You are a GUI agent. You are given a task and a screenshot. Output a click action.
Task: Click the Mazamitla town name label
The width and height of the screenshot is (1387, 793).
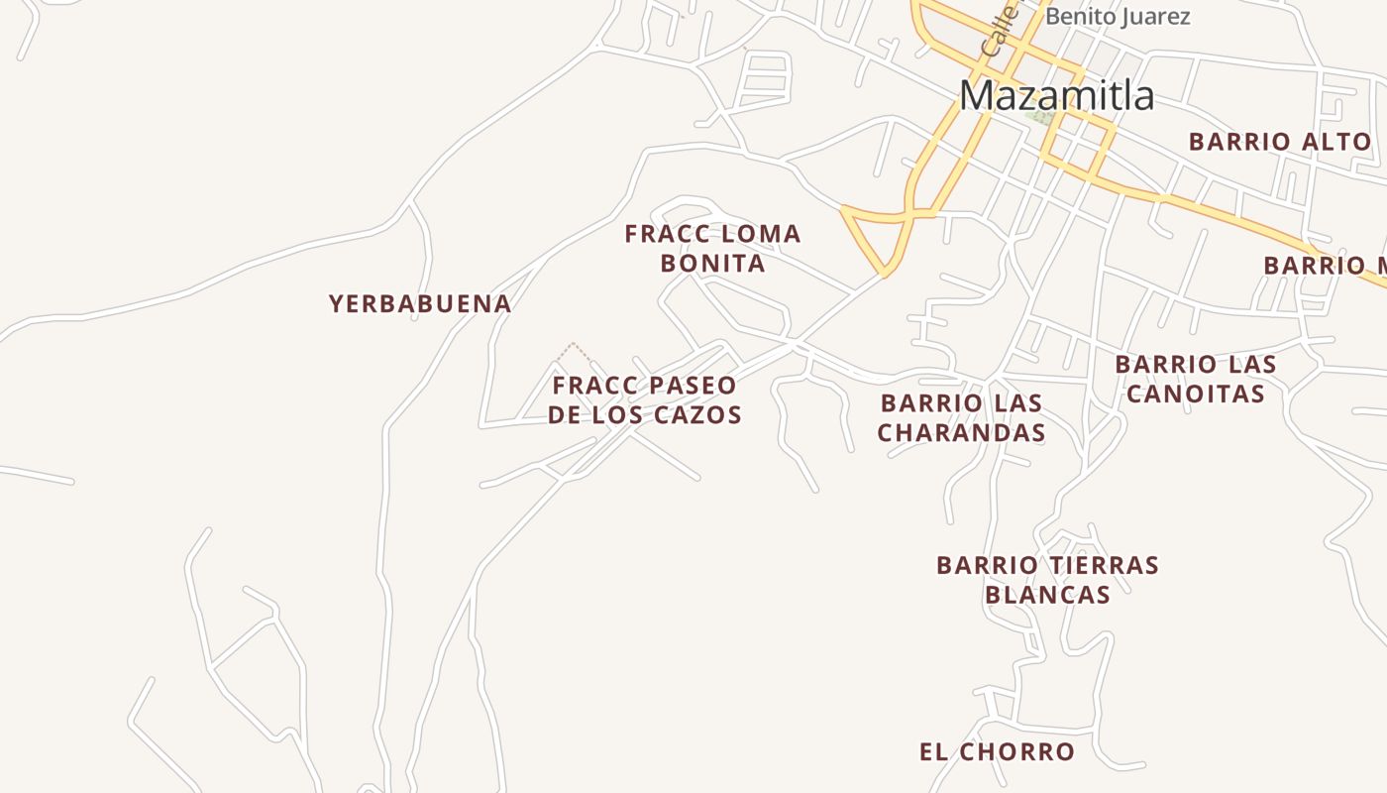(1056, 96)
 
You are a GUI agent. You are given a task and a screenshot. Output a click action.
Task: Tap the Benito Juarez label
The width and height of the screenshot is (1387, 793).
(1118, 17)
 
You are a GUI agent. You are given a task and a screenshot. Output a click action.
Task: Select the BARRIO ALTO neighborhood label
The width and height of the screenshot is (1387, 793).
(1279, 142)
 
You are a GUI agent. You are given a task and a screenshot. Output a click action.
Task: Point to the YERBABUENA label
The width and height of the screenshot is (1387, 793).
(420, 304)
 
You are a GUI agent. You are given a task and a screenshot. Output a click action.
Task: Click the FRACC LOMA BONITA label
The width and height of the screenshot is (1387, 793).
(712, 249)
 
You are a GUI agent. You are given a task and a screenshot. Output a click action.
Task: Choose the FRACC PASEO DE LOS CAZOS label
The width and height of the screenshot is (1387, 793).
(645, 400)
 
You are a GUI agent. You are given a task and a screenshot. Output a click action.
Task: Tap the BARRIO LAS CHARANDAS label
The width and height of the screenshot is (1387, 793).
(961, 418)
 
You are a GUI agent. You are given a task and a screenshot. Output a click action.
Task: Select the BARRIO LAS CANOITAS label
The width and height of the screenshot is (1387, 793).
(1196, 379)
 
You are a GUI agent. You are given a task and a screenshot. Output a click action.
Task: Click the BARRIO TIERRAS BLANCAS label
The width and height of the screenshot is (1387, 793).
(1047, 580)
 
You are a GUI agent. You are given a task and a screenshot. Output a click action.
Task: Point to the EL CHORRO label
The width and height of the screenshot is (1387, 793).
(997, 752)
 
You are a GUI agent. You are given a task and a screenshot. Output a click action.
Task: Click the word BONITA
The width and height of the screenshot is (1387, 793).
(712, 264)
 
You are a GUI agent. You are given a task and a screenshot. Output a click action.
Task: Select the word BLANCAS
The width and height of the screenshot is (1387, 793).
(1047, 595)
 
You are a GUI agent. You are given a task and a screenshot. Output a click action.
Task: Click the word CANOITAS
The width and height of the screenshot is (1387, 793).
(1196, 394)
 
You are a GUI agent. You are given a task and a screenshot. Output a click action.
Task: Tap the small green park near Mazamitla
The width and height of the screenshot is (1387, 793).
(1039, 117)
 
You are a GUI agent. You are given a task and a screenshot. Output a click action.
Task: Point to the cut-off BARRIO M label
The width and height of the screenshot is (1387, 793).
(1324, 266)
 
